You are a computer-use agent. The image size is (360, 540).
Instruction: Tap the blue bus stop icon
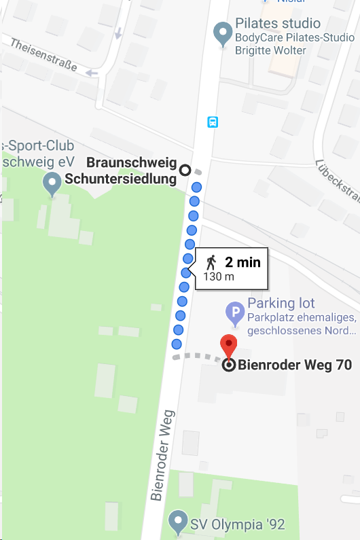pos(213,122)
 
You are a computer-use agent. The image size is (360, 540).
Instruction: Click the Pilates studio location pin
pos(221,33)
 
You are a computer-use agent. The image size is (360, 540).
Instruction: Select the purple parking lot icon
pos(234,314)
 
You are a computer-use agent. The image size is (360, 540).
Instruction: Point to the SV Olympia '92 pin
pos(179,522)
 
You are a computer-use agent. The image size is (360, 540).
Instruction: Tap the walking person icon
pos(212,262)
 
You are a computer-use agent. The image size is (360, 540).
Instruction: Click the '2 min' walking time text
pos(242,262)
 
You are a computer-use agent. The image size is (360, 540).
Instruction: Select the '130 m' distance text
pos(219,276)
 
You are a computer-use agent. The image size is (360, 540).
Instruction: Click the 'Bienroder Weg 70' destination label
pos(295,365)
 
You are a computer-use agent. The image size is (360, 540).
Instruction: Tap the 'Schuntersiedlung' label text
pos(120,179)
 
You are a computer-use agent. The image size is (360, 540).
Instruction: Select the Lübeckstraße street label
pos(338,181)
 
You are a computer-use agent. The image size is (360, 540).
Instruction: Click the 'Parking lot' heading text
pos(281,303)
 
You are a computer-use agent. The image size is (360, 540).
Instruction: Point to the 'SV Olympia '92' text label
pos(238,524)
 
